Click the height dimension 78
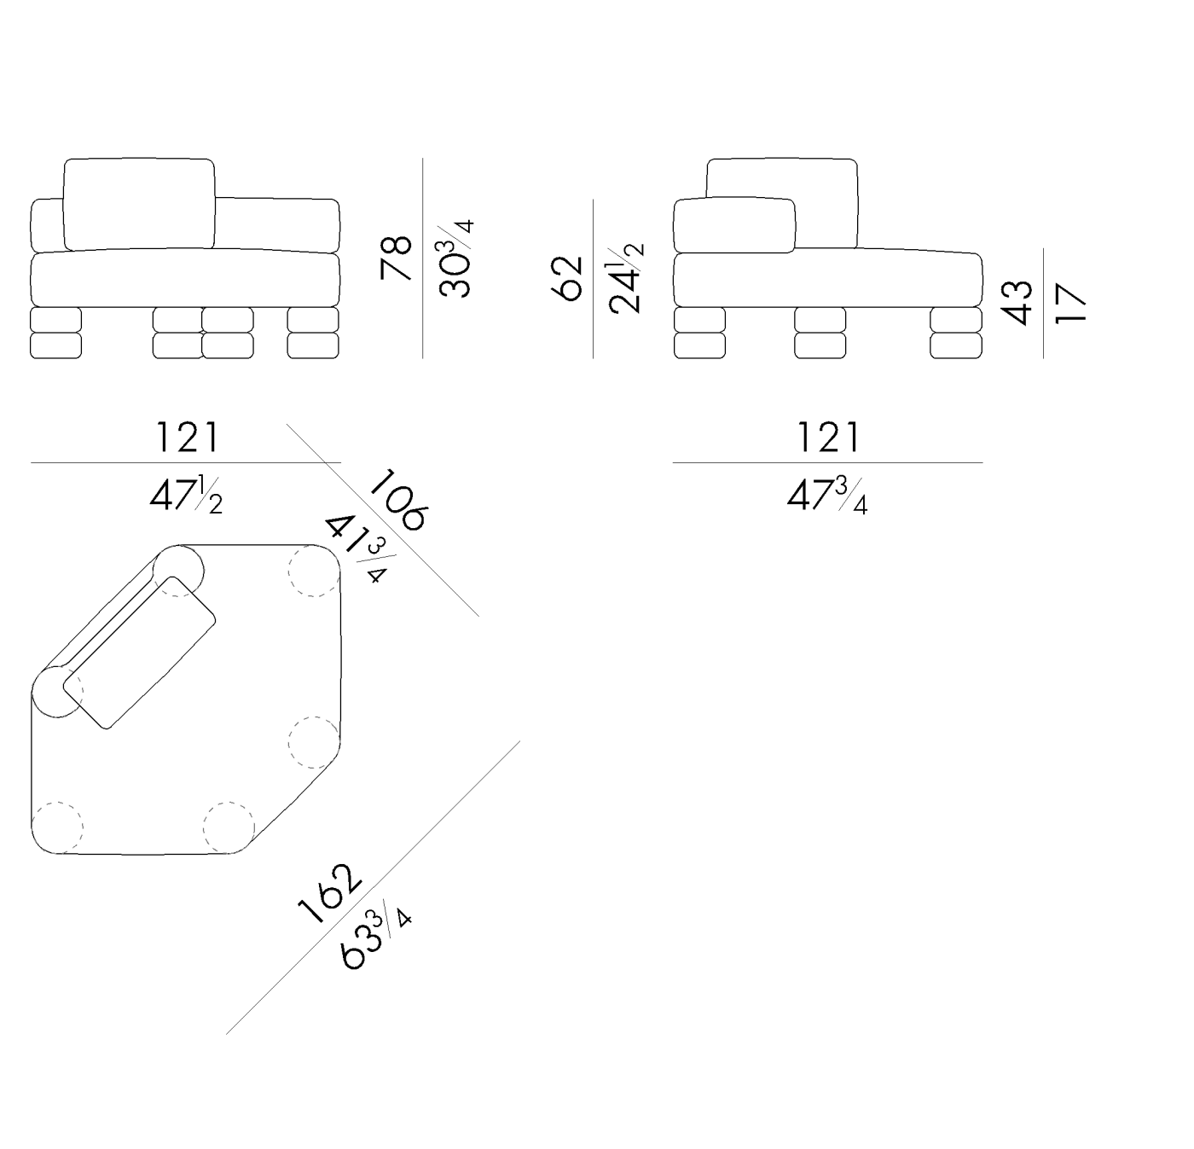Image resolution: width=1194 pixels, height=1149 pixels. point(396,257)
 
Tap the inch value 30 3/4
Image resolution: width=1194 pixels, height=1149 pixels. point(456,258)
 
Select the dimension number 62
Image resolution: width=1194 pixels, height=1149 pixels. point(566,279)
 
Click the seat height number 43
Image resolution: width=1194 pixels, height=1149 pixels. point(1017,302)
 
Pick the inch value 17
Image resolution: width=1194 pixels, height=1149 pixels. point(1070,303)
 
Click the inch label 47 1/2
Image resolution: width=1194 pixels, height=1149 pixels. point(187,496)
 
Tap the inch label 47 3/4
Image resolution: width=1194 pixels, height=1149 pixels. point(828,496)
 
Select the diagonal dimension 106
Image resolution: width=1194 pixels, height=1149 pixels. point(397,500)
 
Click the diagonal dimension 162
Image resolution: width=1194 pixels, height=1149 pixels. point(329,894)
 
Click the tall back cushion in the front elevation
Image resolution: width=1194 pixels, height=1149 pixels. point(139,205)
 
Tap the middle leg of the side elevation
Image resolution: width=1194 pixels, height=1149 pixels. point(820,332)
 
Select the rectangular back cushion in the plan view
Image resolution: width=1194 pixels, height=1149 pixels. point(139,653)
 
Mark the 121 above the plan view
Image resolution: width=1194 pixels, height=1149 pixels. point(187,437)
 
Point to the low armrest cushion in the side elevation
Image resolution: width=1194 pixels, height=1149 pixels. point(734,225)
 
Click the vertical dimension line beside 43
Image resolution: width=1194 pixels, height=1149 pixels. point(1043,303)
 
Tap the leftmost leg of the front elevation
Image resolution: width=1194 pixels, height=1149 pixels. point(55,332)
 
